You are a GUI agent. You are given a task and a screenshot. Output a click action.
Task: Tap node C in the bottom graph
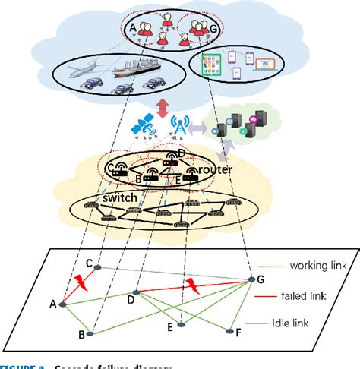98,267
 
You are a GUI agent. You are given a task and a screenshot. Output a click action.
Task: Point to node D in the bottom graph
135,292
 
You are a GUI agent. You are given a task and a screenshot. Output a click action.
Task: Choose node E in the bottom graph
181,326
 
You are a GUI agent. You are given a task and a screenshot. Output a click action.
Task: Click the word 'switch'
116,198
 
